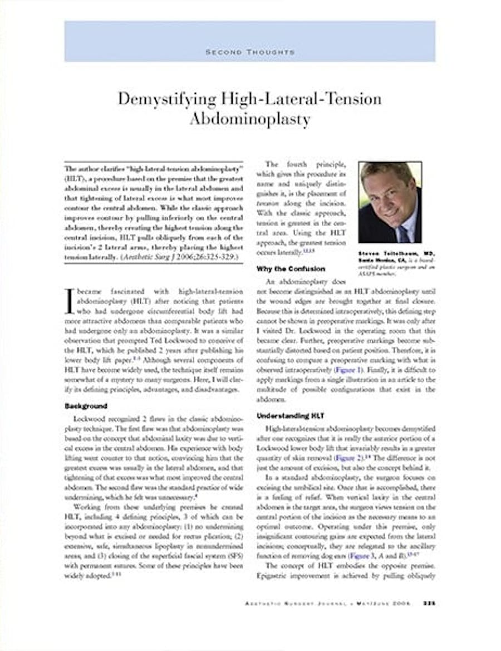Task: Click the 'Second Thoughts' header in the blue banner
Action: click(x=250, y=52)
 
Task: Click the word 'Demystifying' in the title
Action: click(x=159, y=99)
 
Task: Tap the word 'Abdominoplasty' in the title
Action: click(x=250, y=119)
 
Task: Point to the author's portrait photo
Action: click(x=390, y=202)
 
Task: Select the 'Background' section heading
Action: click(x=86, y=406)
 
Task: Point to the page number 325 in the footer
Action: click(x=429, y=603)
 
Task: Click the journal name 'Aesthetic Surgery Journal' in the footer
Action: click(x=306, y=603)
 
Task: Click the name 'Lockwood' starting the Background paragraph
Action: click(x=88, y=418)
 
